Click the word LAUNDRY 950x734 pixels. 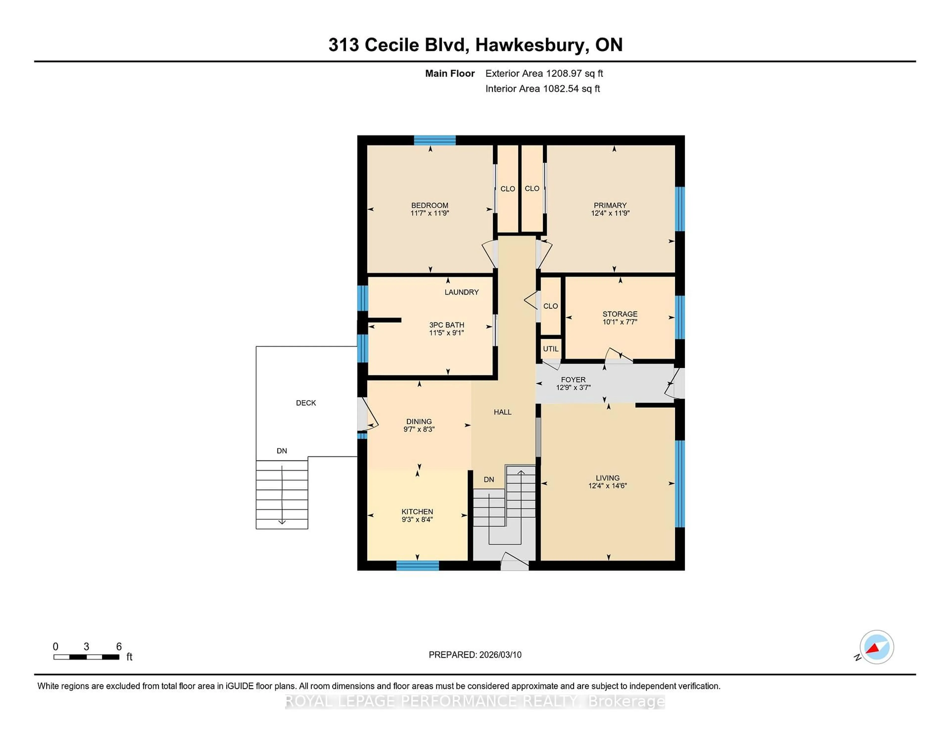(x=461, y=292)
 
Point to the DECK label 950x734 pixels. (x=306, y=403)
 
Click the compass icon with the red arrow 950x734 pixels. (x=877, y=647)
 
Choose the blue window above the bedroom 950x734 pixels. (x=434, y=140)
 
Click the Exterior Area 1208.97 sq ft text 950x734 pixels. (x=544, y=73)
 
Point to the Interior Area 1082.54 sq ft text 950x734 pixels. (x=543, y=89)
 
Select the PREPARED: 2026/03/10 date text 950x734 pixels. (x=475, y=655)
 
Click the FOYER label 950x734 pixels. (x=573, y=380)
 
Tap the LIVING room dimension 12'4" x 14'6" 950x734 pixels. (x=607, y=486)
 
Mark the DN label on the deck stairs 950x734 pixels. (x=282, y=451)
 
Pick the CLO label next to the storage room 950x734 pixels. (x=550, y=306)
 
